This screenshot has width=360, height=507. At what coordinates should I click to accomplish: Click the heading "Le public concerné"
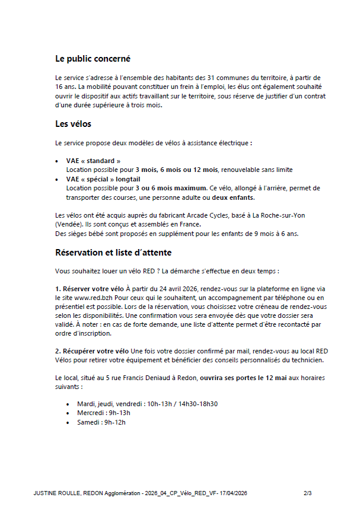coord(93,59)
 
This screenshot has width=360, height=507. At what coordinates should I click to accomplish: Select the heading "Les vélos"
coord(73,124)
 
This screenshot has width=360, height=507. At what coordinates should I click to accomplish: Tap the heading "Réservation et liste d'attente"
coord(113,253)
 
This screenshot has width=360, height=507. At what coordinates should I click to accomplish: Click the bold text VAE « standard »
coord(93,161)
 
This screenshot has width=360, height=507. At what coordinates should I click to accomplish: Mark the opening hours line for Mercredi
coord(103,413)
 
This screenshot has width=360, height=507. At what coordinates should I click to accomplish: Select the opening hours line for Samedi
coord(101,422)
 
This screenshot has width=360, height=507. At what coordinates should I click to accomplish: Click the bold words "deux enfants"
coord(233,197)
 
